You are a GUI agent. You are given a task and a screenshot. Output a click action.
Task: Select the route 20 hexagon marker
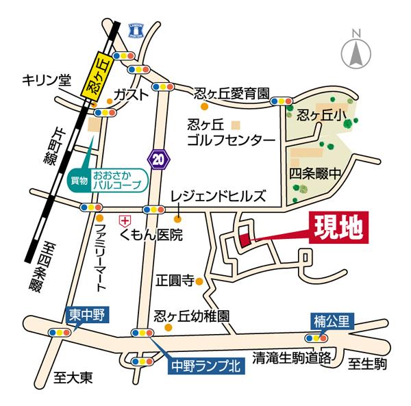click(158, 158)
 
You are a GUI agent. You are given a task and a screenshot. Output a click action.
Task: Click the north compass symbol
click(356, 50)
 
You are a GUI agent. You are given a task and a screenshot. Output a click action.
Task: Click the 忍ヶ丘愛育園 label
click(232, 94)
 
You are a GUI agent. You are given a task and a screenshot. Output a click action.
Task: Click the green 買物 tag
click(79, 181)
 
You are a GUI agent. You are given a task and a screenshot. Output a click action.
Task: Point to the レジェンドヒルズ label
click(218, 196)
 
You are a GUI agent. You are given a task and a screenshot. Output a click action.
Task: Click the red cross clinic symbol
click(125, 220)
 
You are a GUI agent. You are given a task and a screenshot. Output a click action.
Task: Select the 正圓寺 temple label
click(175, 280)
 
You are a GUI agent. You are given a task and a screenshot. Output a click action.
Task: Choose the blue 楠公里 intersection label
click(330, 320)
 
